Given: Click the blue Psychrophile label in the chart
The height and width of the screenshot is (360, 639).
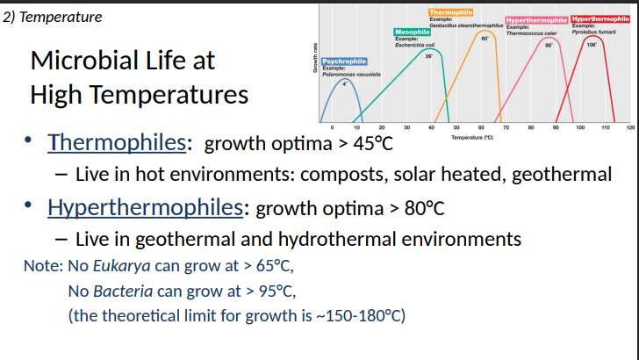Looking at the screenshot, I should click(x=344, y=61).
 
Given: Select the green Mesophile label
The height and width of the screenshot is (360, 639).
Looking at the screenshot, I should click(x=412, y=32).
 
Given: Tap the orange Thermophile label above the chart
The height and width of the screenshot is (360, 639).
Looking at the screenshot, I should click(x=450, y=12).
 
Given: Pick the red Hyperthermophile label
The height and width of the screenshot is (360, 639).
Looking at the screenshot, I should click(x=600, y=19).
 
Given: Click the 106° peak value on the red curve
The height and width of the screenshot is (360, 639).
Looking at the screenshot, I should click(x=592, y=43).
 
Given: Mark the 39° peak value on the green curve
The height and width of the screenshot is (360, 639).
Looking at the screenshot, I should click(x=428, y=55).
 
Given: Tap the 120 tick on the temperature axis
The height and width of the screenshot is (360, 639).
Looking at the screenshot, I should click(x=630, y=128).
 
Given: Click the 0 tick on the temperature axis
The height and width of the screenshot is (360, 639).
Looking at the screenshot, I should click(x=331, y=128).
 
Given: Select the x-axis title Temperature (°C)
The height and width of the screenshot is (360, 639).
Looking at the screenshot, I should click(x=472, y=137).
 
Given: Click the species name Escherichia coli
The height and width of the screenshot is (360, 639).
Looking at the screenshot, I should click(x=416, y=45).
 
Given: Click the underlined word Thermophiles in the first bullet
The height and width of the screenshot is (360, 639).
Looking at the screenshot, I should click(x=117, y=142).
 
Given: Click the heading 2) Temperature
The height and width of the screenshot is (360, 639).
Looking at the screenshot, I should click(x=54, y=17).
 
